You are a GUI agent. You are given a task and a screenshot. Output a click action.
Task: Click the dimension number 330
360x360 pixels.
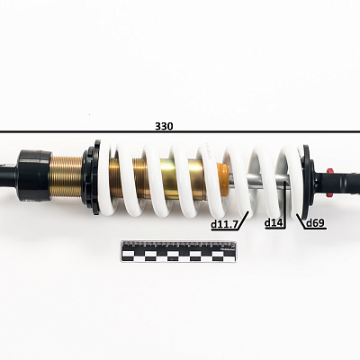click(164, 126)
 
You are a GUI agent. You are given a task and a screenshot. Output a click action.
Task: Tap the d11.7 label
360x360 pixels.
click(224, 224)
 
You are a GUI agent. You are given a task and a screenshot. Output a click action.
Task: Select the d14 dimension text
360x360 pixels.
click(274, 223)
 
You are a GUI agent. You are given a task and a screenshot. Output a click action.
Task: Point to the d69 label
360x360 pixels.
click(315, 223)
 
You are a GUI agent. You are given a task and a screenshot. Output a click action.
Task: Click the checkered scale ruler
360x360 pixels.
click(178, 251)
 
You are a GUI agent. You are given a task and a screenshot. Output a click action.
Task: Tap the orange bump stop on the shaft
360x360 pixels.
click(224, 179)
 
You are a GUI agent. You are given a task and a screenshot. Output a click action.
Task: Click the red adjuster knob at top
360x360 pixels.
click(329, 171)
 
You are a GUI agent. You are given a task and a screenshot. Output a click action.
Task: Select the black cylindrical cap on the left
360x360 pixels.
click(33, 175)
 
